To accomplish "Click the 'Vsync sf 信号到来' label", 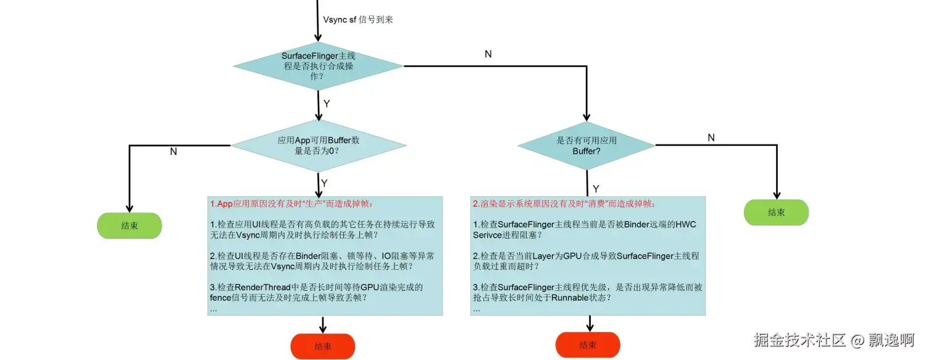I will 358,19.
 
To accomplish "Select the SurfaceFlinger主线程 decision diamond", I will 318,65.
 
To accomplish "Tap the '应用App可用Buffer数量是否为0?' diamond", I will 319,146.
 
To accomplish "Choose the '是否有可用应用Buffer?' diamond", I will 586,146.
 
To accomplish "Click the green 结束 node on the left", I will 129,226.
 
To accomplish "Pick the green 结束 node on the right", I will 776,212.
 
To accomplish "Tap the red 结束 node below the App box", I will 322,346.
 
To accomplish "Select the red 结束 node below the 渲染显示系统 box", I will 588,345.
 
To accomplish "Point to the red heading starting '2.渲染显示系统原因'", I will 564,204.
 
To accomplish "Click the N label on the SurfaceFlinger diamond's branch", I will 488,54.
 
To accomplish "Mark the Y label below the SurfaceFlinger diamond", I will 327,103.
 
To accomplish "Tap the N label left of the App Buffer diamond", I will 173,151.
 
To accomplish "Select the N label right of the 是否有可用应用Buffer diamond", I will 711,138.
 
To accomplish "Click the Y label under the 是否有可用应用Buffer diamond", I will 596,188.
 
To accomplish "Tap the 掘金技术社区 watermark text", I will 799,340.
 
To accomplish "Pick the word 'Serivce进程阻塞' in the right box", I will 506,235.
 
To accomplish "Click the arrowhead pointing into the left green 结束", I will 129,209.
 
